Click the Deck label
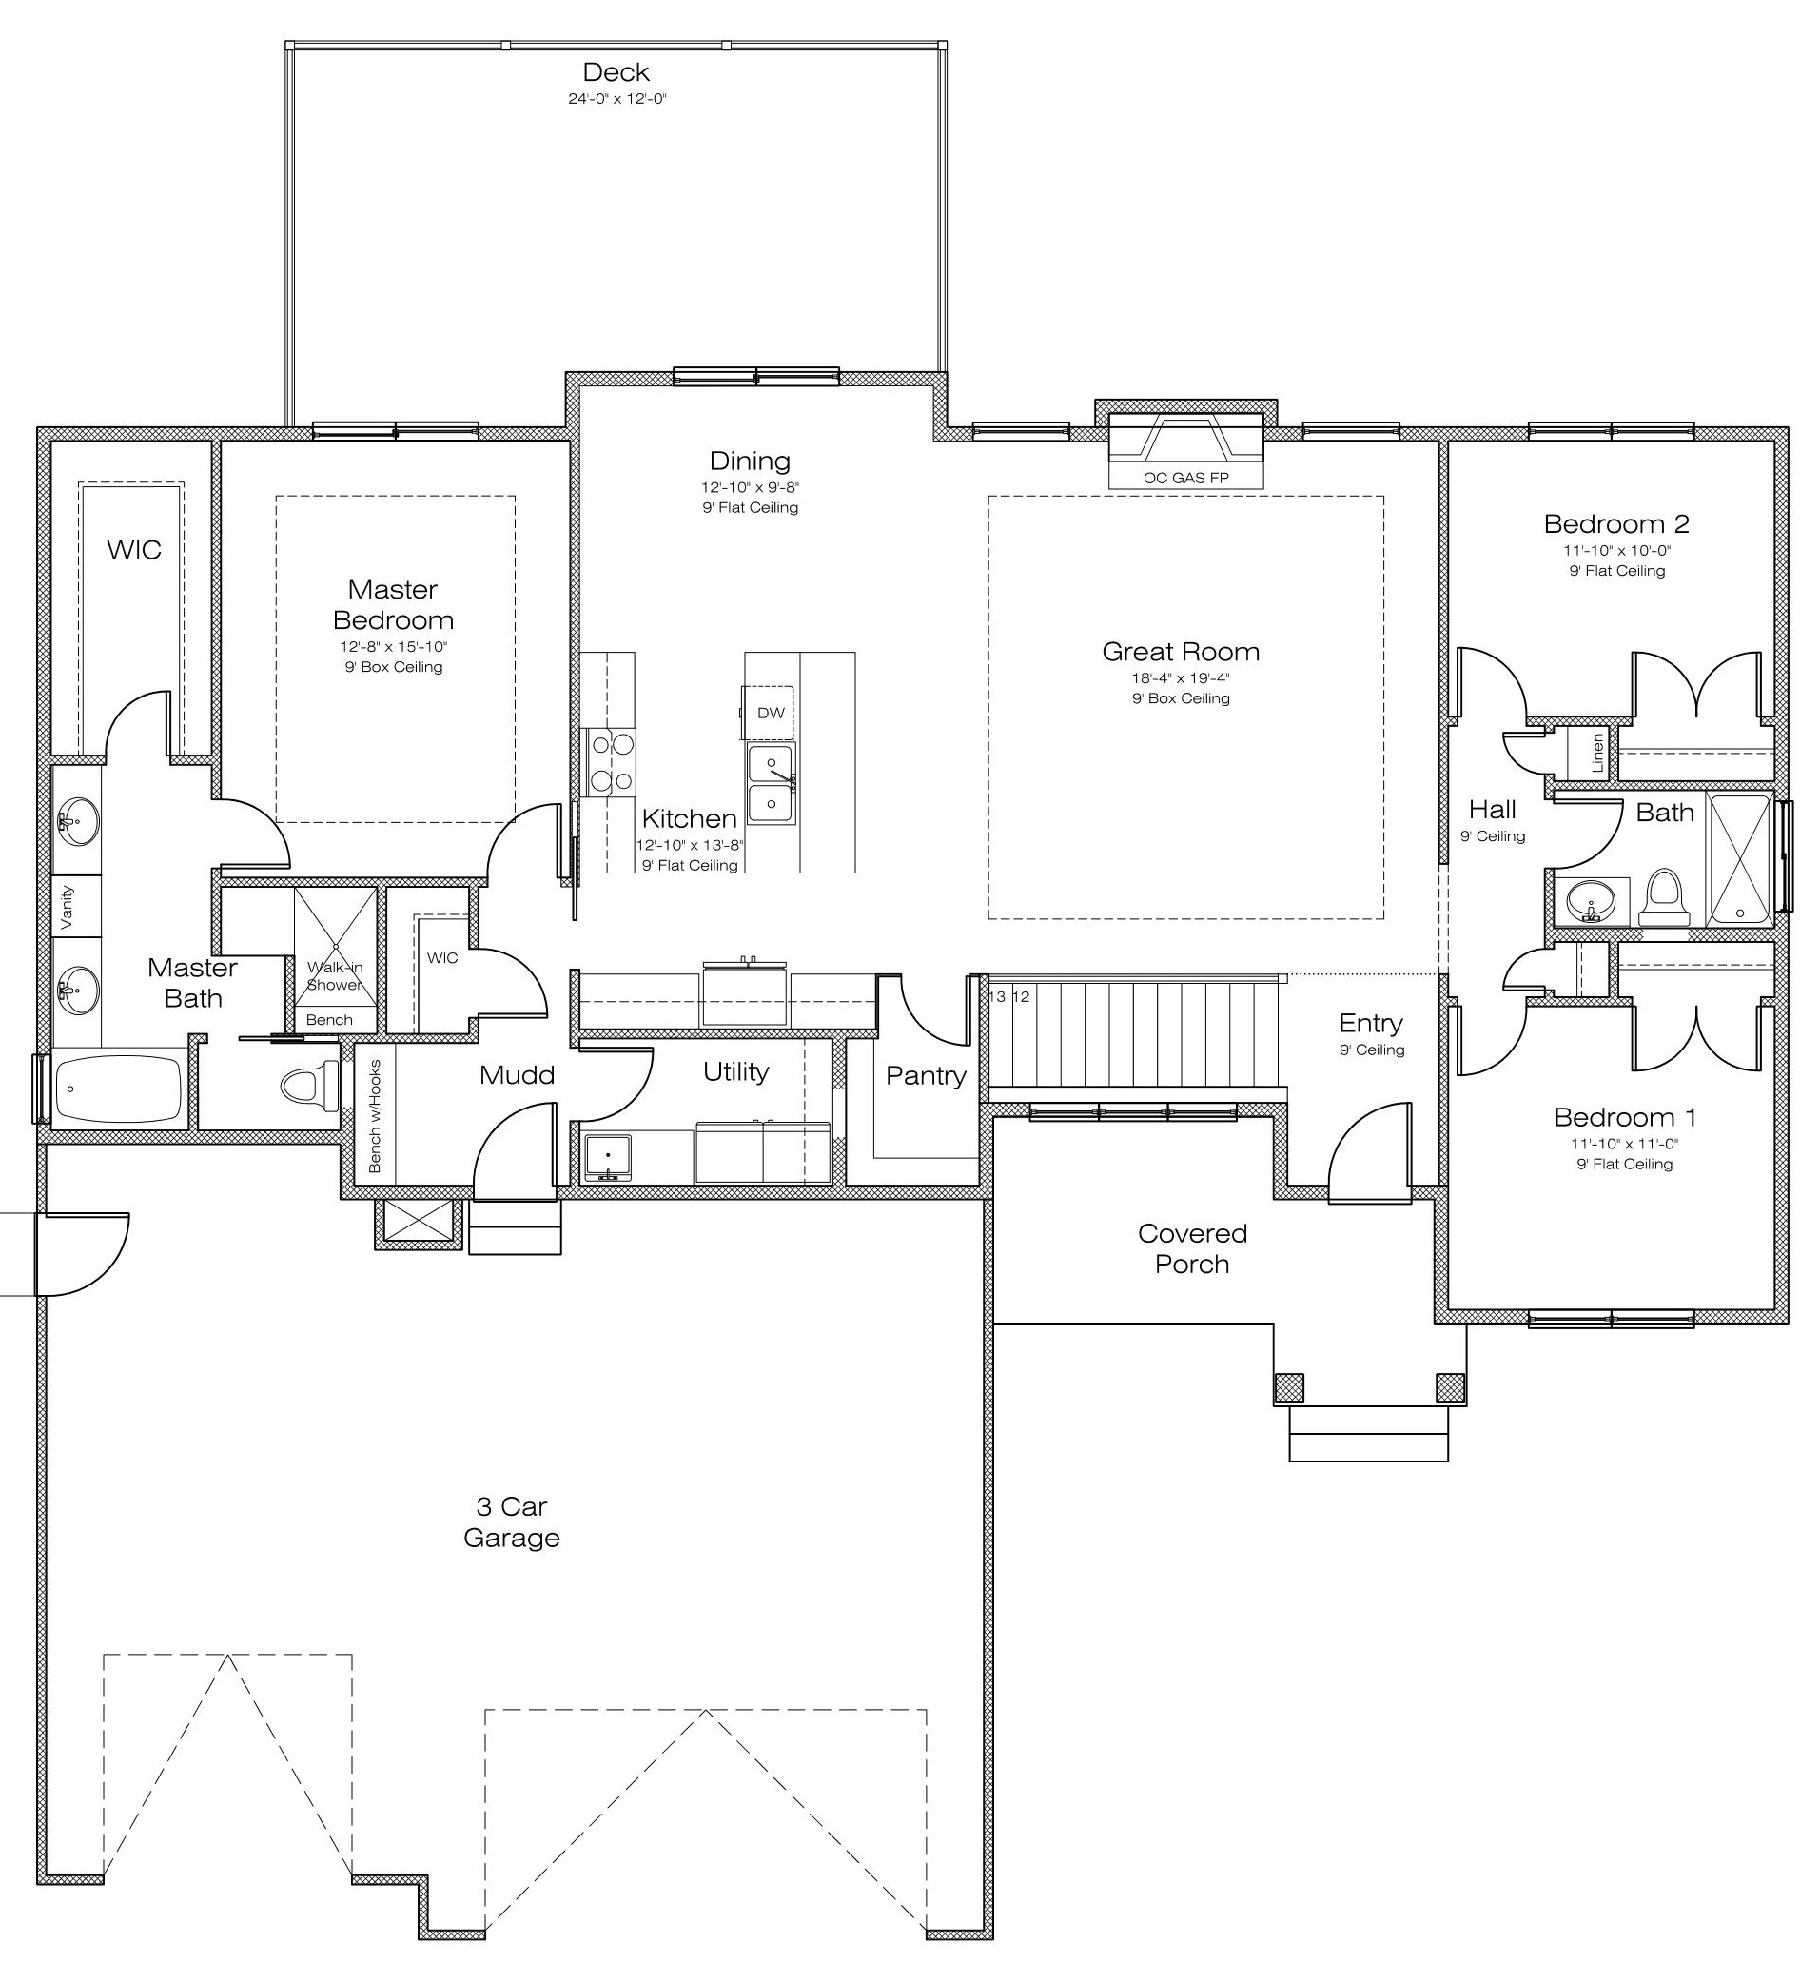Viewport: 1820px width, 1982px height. pos(616,72)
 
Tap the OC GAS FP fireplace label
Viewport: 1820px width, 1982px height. pos(1185,479)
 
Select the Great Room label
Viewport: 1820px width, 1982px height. pos(1181,651)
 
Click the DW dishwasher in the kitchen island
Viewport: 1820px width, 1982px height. pos(771,714)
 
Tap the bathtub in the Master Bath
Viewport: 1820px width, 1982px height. pos(119,1090)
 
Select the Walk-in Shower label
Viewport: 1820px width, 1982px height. pos(335,976)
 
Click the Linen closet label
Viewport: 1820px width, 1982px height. pos(1597,753)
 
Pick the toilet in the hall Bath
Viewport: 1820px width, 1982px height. pos(1663,897)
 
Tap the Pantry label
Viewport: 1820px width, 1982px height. pos(926,1076)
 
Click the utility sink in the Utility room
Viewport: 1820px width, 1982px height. pos(608,1157)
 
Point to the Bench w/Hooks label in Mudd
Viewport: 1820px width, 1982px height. pos(375,1117)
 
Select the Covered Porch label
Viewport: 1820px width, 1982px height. pos(1192,1249)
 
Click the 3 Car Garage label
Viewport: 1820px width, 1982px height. pos(512,1522)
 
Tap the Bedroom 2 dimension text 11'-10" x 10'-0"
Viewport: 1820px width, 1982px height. pos(1617,551)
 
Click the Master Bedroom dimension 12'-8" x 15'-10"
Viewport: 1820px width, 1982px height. pos(394,647)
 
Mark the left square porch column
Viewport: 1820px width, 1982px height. pos(1289,1388)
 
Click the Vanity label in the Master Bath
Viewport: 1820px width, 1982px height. pos(67,906)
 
